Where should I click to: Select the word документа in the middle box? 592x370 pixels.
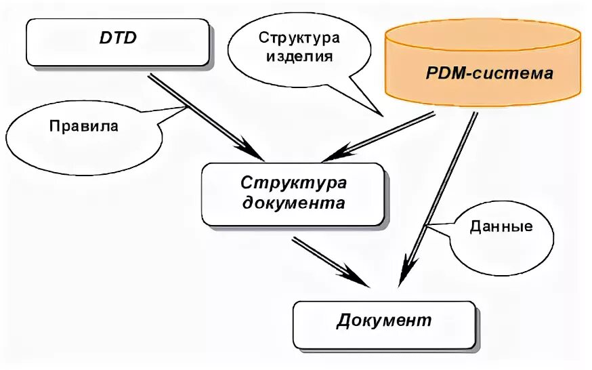coord(293,203)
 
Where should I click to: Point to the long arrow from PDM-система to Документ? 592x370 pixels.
coord(440,197)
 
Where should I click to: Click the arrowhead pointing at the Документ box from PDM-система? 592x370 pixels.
coord(405,274)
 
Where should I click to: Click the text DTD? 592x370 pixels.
coord(117,39)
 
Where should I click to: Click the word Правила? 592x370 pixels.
coord(83,126)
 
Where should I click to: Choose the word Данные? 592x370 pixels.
coord(501,226)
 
